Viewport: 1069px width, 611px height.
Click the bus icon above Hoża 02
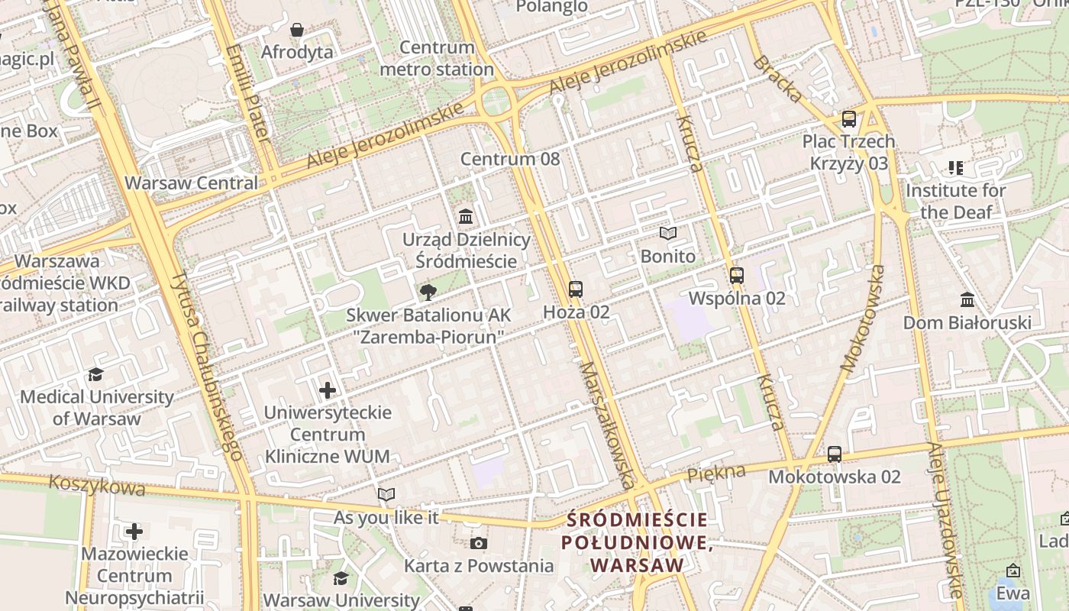(x=576, y=289)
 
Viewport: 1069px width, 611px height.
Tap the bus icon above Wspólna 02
(x=737, y=276)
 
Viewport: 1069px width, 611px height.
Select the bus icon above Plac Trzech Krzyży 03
(x=849, y=119)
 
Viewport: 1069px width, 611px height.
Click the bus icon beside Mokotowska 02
(x=835, y=454)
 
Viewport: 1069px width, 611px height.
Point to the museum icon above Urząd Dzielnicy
(x=466, y=217)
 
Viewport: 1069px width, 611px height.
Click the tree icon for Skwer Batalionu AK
(x=428, y=292)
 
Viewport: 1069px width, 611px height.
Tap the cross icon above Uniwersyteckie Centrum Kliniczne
(x=328, y=390)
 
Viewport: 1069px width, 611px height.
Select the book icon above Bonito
(x=668, y=234)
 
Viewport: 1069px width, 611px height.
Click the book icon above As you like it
(x=386, y=495)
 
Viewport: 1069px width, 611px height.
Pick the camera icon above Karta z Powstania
(x=479, y=543)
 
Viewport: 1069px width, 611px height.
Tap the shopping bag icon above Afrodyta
(x=297, y=30)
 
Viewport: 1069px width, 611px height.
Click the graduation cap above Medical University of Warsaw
(x=96, y=374)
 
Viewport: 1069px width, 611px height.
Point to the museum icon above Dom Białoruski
(x=967, y=299)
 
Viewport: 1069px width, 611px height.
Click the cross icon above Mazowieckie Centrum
(x=134, y=531)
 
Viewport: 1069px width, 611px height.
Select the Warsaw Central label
(x=191, y=183)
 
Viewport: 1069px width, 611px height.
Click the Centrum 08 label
(x=509, y=159)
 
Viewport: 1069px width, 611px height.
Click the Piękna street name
(x=715, y=474)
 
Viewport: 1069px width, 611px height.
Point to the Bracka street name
(x=777, y=79)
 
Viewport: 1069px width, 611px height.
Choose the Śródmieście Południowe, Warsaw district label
(x=637, y=542)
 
